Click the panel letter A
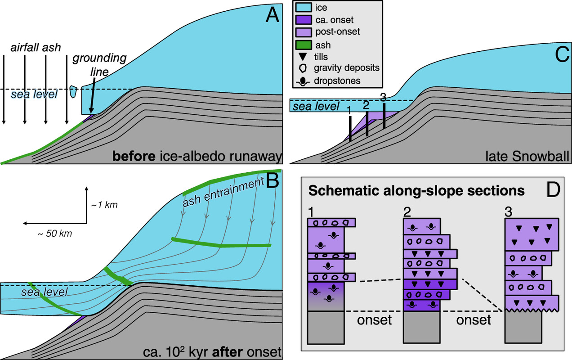pyautogui.click(x=272, y=14)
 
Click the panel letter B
pyautogui.click(x=273, y=180)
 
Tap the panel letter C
pyautogui.click(x=562, y=55)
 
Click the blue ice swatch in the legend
pyautogui.click(x=304, y=7)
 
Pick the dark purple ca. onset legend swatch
pyautogui.click(x=304, y=20)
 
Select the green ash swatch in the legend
pyautogui.click(x=304, y=45)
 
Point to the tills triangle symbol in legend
pyautogui.click(x=303, y=57)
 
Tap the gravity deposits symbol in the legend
pyautogui.click(x=303, y=68)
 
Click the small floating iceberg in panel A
pyautogui.click(x=73, y=91)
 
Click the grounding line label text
pyautogui.click(x=99, y=65)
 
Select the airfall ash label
pyautogui.click(x=36, y=48)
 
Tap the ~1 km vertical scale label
pyautogui.click(x=104, y=205)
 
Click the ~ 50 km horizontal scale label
pyautogui.click(x=55, y=234)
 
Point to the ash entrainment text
pyautogui.click(x=223, y=192)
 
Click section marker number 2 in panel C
pyautogui.click(x=366, y=105)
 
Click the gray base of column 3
pyautogui.click(x=523, y=327)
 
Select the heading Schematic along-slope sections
pyautogui.click(x=416, y=191)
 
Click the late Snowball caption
pyautogui.click(x=527, y=156)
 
